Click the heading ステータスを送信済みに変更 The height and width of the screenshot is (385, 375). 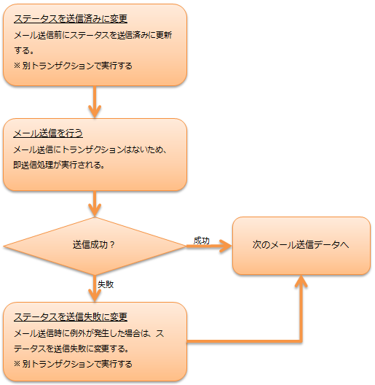(x=71, y=19)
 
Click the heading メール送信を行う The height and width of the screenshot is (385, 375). (x=48, y=133)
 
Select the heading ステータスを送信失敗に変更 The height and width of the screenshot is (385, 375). (x=71, y=316)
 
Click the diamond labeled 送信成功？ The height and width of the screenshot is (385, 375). (x=95, y=246)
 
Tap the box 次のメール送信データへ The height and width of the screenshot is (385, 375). (x=301, y=246)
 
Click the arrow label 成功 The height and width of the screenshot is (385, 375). (x=202, y=241)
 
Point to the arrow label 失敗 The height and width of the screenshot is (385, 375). (x=106, y=284)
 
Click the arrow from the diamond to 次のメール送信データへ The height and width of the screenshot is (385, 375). (x=209, y=246)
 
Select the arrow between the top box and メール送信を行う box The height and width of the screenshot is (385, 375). (x=95, y=102)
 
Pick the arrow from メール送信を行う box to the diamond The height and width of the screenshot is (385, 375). (x=95, y=203)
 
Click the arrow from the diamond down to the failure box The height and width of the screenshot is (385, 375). (x=95, y=288)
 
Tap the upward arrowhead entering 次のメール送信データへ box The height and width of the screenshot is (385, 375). (x=301, y=281)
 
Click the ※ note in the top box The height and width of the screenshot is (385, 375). (x=73, y=66)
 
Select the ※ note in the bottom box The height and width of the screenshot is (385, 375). (x=73, y=364)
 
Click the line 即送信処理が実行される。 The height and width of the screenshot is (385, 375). (x=59, y=165)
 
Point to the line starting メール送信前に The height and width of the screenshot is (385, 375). (x=93, y=35)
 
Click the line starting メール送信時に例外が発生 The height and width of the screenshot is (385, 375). (x=89, y=333)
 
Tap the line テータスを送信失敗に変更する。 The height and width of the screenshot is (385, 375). (x=71, y=349)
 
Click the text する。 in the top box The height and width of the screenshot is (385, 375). (x=24, y=50)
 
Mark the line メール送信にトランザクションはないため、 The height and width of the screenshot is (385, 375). (x=90, y=149)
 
